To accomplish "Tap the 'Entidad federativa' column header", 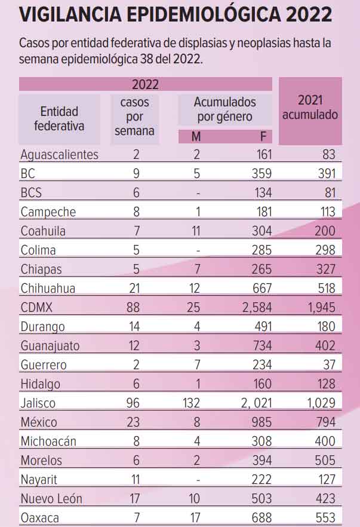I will click(x=59, y=118).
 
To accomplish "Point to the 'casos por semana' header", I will click(x=134, y=117).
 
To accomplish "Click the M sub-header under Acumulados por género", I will click(x=196, y=137).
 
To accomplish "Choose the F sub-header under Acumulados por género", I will click(x=263, y=137).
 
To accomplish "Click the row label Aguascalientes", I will click(x=59, y=155).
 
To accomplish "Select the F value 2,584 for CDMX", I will click(x=256, y=308).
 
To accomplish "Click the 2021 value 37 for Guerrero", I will click(x=328, y=365).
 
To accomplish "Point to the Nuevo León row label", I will click(x=51, y=499).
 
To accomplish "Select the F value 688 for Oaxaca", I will click(x=260, y=518).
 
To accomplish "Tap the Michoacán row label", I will click(x=48, y=442).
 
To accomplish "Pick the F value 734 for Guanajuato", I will click(x=260, y=346).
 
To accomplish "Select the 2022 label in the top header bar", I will click(x=145, y=85).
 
